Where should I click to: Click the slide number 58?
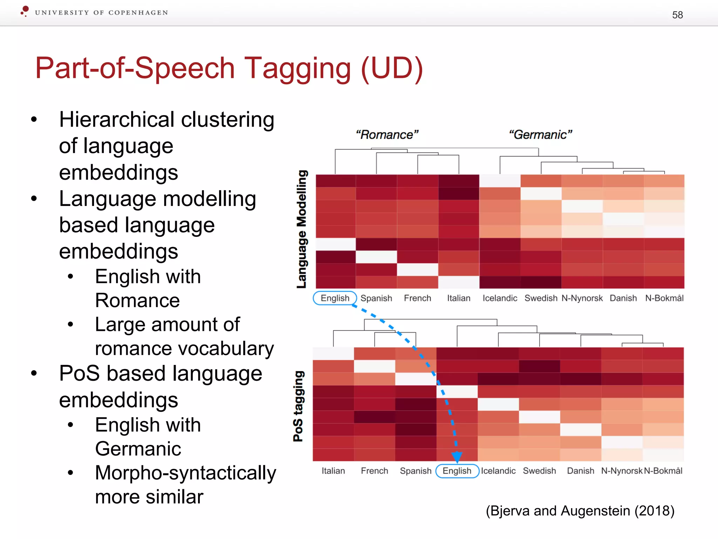[x=677, y=15]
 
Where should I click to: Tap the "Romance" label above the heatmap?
[x=387, y=135]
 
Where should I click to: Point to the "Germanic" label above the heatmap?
[x=540, y=135]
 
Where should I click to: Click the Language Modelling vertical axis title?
[x=302, y=229]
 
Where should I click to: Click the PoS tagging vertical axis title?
[x=298, y=406]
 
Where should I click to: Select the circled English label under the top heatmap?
[x=335, y=298]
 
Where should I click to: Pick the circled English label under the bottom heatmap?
[x=457, y=471]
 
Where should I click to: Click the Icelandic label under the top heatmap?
[x=500, y=298]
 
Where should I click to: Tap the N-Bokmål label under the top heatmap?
[x=664, y=298]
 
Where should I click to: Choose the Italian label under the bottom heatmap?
[x=333, y=471]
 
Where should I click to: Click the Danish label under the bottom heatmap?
[x=581, y=471]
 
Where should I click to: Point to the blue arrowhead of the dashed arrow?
[x=456, y=457]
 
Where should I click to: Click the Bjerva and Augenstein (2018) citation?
[x=580, y=511]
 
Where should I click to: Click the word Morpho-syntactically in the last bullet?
[x=185, y=473]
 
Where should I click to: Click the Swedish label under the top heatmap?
[x=541, y=298]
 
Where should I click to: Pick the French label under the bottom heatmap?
[x=374, y=471]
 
